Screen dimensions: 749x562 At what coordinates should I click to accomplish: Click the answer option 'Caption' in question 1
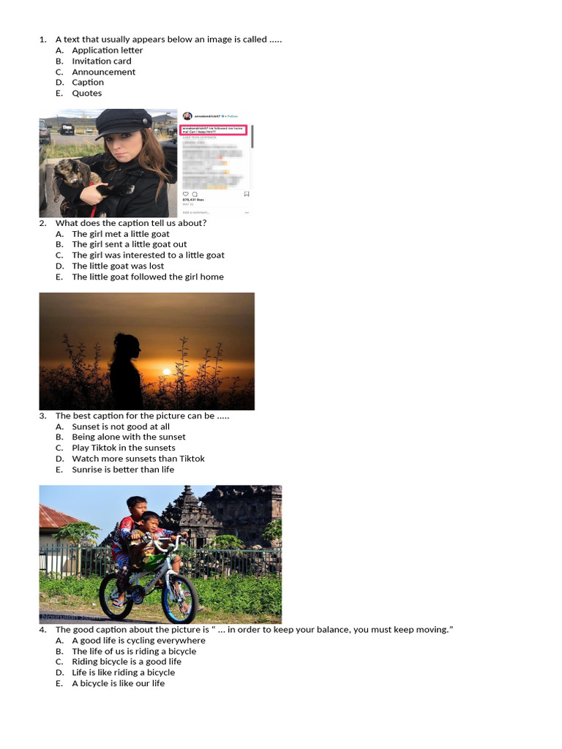point(87,83)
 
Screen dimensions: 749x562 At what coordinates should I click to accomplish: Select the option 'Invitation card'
point(101,61)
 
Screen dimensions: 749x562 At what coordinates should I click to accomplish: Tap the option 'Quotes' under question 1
point(86,94)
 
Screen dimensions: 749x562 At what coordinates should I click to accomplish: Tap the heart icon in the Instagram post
point(185,194)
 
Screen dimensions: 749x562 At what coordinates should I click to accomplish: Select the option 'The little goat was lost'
point(117,266)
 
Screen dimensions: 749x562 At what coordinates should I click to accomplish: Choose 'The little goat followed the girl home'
point(147,277)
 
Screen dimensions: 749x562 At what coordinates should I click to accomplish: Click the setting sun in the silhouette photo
point(166,371)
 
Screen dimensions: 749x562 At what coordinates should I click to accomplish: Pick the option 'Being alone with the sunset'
point(128,437)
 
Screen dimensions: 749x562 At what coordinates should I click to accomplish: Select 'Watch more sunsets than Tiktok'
point(138,459)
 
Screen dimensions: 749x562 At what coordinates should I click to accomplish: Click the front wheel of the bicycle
point(179,598)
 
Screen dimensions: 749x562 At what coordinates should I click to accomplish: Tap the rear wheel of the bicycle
point(116,595)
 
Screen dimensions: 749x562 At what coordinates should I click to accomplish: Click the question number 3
point(42,416)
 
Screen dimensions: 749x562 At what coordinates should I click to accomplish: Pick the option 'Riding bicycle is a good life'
point(126,662)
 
